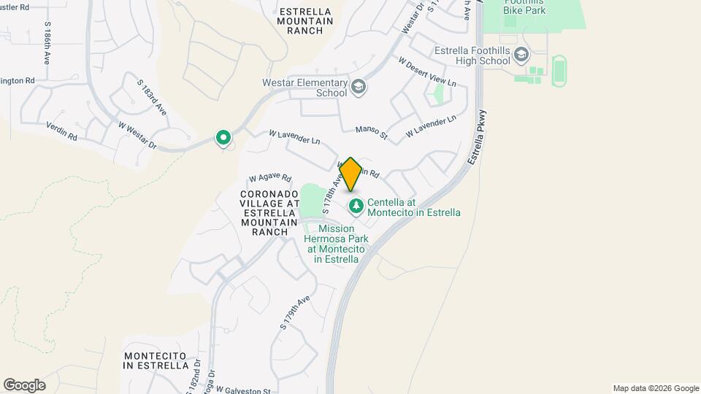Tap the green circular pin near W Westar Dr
tap(223, 137)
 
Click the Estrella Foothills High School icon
tap(521, 55)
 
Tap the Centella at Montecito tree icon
tap(356, 206)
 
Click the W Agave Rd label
tap(269, 177)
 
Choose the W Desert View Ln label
tap(427, 72)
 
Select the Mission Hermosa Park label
tap(336, 243)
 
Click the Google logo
tap(24, 385)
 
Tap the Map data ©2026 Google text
tap(656, 388)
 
